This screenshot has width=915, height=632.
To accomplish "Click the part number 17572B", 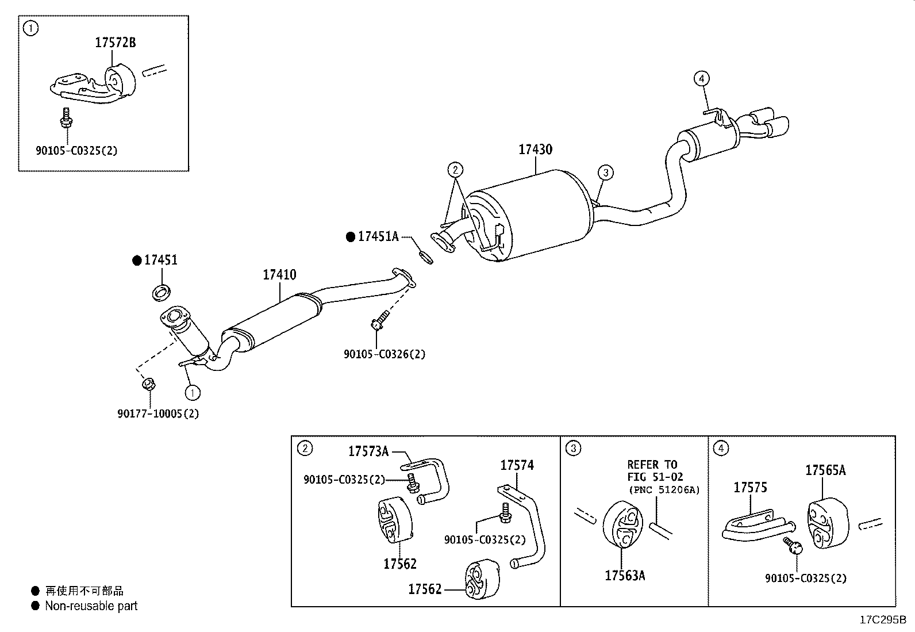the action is (115, 43).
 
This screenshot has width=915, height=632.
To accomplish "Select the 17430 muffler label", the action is (535, 150).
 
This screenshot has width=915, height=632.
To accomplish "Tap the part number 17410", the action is (279, 275).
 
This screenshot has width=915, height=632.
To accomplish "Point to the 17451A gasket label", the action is (378, 236).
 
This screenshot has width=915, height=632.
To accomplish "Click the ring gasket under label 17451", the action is (162, 293).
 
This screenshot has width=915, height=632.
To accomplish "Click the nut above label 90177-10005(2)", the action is (148, 384).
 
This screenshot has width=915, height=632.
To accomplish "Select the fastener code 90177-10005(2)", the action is (158, 413).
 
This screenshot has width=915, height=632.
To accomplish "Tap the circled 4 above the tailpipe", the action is (701, 78).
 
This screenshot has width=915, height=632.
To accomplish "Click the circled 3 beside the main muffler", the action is (606, 173).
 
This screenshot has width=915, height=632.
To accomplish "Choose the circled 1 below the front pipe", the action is (193, 393).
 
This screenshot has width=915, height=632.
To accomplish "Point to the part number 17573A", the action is (368, 451).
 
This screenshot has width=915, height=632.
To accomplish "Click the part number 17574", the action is (517, 465).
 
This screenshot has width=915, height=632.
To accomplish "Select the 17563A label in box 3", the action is (625, 576).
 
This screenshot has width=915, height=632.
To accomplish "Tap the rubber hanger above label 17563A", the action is (622, 524).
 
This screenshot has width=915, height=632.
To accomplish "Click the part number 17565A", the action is (825, 470).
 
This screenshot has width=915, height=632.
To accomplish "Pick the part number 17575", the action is (751, 487).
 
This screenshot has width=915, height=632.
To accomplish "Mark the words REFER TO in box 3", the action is (652, 465).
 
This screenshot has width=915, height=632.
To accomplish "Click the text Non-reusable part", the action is (91, 606).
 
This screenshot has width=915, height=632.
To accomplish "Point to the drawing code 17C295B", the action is (883, 620).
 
